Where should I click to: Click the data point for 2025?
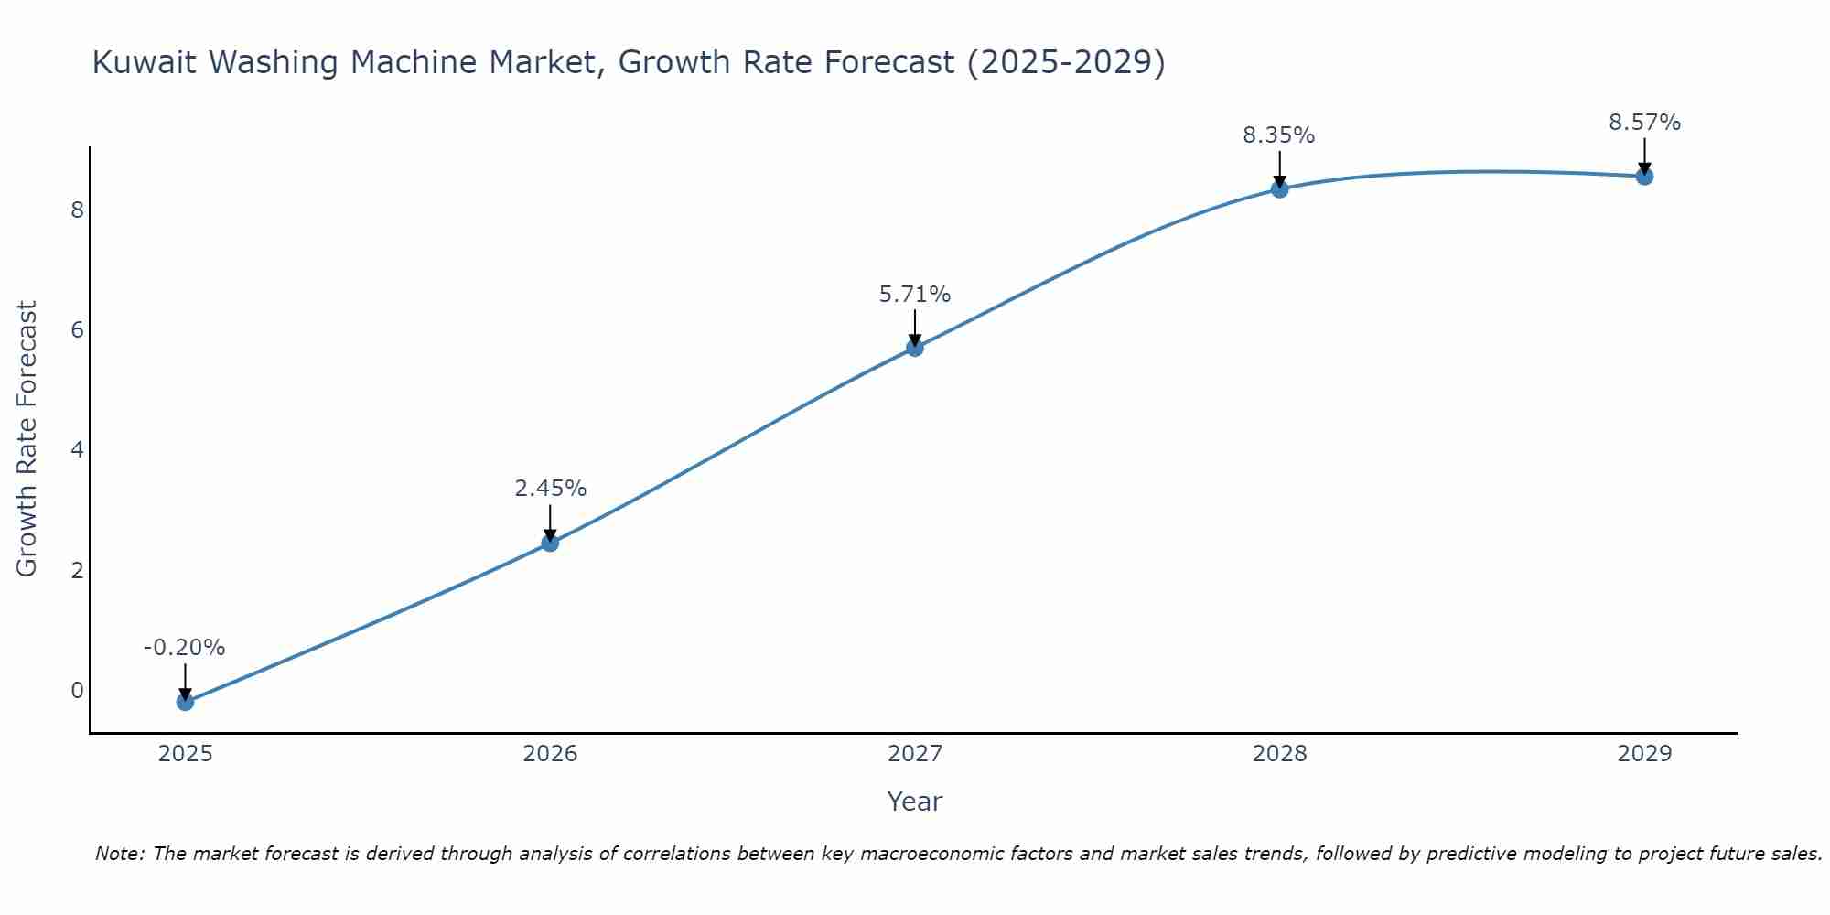pos(185,702)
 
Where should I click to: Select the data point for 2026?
pos(550,543)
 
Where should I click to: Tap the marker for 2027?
pos(915,348)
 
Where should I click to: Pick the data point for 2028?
pos(1279,189)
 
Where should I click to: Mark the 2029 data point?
pos(1644,177)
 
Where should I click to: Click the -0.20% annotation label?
pos(184,648)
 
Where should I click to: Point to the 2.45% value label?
pos(550,489)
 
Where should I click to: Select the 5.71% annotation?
pos(915,295)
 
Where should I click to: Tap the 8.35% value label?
pos(1278,135)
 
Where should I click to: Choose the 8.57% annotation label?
pos(1644,123)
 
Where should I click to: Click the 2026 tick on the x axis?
pos(550,754)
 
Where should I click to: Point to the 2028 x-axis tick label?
pos(1279,754)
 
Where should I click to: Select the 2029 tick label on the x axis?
pos(1644,754)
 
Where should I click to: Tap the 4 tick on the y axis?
pos(77,450)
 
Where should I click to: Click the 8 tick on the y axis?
pos(77,210)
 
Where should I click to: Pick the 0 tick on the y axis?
pos(77,690)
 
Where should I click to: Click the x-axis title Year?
pos(914,802)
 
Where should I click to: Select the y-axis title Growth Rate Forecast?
pos(27,439)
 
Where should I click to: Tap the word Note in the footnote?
pos(119,854)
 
